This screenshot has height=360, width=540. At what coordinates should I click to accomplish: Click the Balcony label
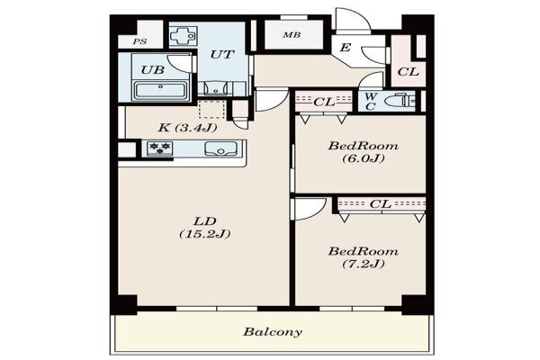pos(273,332)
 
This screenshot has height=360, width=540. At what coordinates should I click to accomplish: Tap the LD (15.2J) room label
pos(205,228)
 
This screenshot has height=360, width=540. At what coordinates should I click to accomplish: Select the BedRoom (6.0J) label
pos(364,152)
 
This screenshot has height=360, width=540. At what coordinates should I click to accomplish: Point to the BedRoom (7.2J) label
pos(364,257)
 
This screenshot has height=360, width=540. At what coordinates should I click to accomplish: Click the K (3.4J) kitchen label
pos(188,128)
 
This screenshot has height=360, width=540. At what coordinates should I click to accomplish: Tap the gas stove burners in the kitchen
pos(160,148)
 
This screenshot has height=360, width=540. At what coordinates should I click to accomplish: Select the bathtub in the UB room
pos(160,90)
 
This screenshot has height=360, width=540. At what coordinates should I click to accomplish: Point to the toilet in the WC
pos(400,101)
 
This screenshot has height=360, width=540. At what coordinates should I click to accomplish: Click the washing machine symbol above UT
pos(184,36)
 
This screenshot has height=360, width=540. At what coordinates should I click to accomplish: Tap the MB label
pos(292,35)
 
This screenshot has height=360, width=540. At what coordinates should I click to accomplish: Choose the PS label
pos(140,41)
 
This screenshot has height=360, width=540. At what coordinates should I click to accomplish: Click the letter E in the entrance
pos(345,47)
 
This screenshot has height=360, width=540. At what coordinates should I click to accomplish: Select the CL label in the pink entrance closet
pos(408,72)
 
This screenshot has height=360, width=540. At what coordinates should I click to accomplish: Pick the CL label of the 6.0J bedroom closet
pos(324,102)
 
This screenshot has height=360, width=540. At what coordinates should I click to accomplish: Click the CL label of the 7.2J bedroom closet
pos(381,204)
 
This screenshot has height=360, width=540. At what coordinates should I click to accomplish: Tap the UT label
pos(222,54)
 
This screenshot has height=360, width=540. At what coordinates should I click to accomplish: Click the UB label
pos(153,70)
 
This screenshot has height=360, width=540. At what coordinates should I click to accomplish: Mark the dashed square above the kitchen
pos(212,110)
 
